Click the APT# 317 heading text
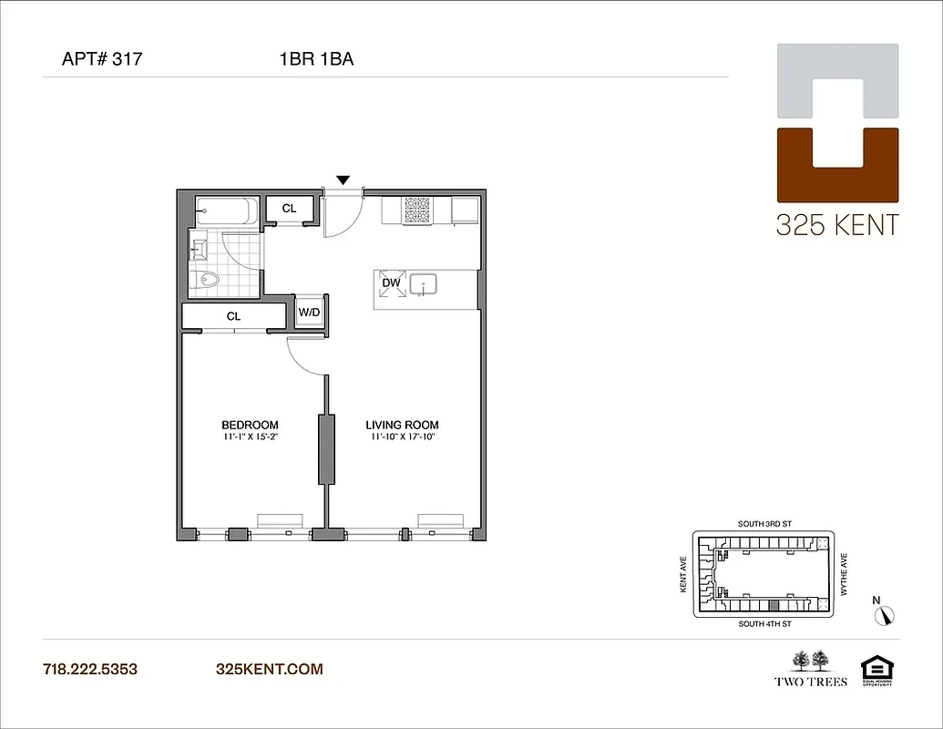point(101,61)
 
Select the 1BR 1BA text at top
point(316,61)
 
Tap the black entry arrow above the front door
point(343,180)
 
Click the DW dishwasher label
point(391,282)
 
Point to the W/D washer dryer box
point(309,312)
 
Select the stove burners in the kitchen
point(417,210)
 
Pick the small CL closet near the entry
point(289,209)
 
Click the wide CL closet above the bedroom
point(233,316)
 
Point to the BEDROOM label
point(250,425)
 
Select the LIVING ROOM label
point(402,425)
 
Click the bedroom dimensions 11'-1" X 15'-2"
point(250,436)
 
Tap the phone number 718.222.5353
point(90,669)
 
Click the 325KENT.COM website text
point(269,669)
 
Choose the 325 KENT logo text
point(836,224)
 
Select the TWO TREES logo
point(811,668)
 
